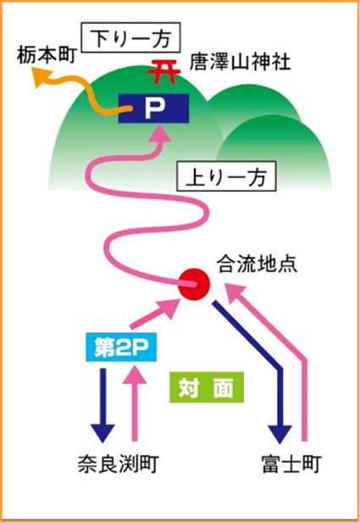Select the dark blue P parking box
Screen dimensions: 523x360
point(152,108)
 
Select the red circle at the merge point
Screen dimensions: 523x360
point(193,283)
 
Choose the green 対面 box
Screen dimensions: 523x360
point(206,387)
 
